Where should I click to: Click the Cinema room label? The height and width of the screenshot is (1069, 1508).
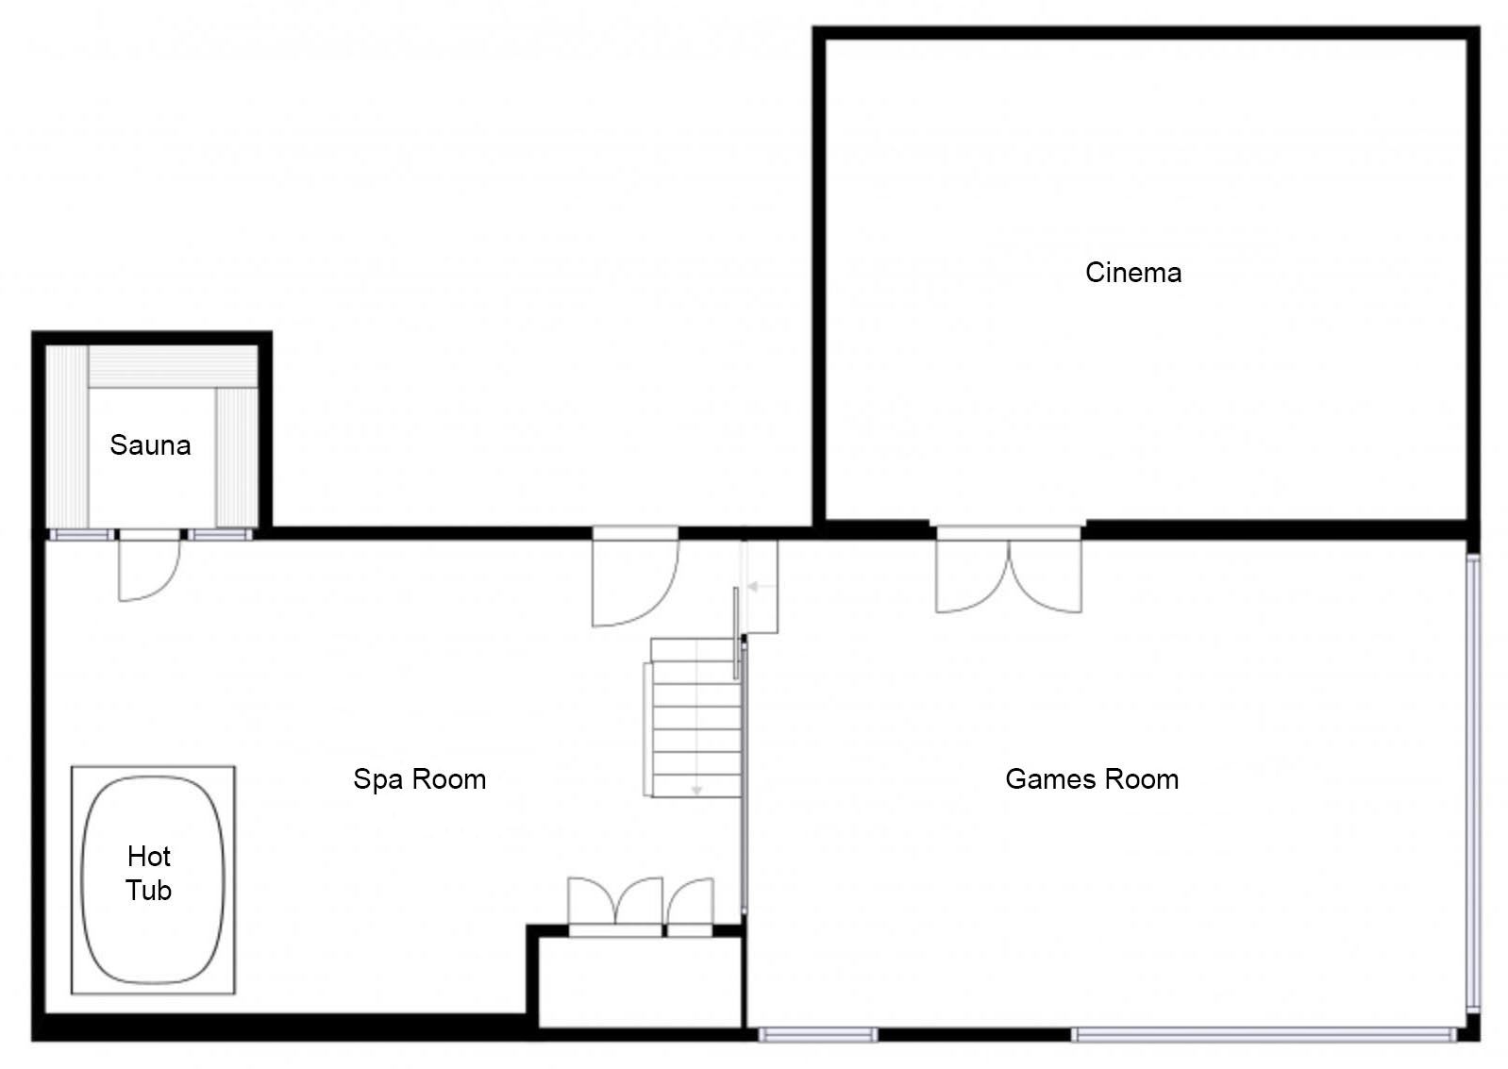pos(1133,273)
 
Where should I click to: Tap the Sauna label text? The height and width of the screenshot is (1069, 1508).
pos(150,445)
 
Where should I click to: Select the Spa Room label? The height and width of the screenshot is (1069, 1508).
pos(419,778)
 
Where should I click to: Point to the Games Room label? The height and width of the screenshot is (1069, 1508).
pos(1091,778)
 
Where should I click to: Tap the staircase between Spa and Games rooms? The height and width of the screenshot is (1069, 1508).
pos(694,718)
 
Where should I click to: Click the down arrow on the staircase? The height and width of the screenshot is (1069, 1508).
pos(696,717)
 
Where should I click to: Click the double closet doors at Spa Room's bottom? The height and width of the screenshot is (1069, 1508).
pos(614,905)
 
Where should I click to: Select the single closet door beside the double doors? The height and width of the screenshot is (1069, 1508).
pos(690,906)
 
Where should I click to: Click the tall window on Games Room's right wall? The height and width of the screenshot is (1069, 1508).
pos(1473,783)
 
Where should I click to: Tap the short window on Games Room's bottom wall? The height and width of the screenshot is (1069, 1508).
pos(818,1035)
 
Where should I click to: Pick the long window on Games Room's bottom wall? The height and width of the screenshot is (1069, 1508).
pos(1265,1035)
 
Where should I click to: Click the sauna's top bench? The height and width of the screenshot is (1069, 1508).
pos(173,367)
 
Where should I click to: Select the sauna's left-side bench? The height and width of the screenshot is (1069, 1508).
pos(67,437)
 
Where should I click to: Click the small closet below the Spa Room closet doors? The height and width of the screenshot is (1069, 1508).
pos(640,982)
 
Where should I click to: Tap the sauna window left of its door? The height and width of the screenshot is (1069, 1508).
pos(81,535)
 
